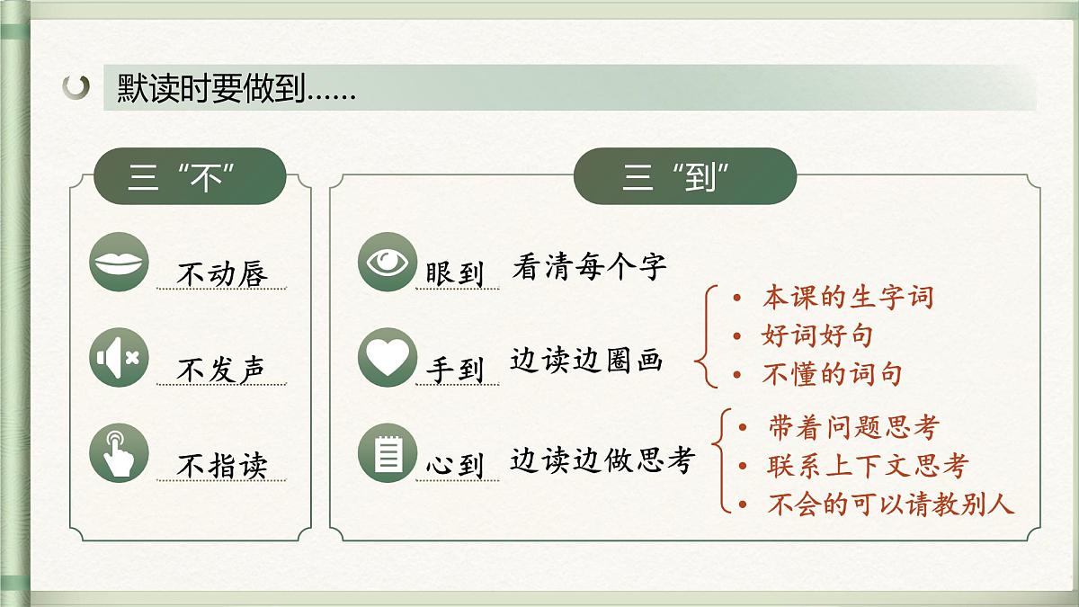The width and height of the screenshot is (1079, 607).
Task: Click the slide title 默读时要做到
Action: pos(236,88)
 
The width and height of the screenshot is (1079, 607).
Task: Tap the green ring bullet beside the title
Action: pos(77,87)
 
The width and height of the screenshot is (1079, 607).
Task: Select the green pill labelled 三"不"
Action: pos(189,177)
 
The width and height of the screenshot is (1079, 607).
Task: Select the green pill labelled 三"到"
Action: pos(684,177)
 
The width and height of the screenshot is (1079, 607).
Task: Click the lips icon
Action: pos(120,262)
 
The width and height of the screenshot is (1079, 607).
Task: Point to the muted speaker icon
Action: pos(120,358)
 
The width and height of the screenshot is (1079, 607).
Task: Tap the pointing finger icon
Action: pos(120,453)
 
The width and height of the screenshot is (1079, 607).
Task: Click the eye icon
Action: pos(387,262)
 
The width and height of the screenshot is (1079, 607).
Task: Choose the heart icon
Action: pos(387,358)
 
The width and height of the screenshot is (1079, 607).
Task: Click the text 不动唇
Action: pos(222,273)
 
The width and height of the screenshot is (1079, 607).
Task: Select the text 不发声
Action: pos(222,370)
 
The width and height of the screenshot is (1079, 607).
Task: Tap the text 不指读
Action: pos(222,466)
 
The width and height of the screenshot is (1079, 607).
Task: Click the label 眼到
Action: pos(455,273)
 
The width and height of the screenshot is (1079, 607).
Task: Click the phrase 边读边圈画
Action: pos(586,362)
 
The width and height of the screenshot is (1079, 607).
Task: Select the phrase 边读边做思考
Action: pos(602,460)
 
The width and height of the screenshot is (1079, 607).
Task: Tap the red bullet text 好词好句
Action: pos(816,336)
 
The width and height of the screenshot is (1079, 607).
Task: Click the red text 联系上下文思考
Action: pos(868,466)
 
